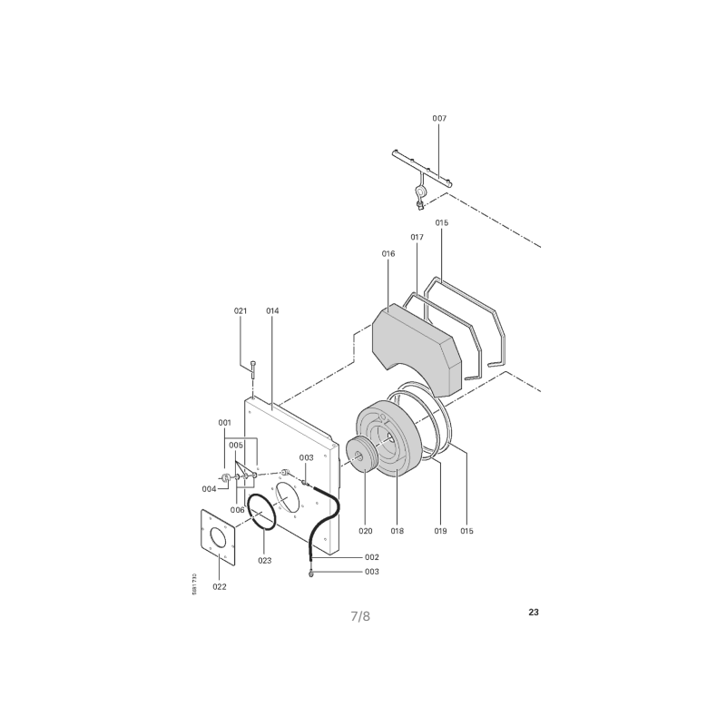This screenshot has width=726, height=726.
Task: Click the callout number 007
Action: (x=439, y=118)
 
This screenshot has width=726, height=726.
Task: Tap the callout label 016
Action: (x=388, y=253)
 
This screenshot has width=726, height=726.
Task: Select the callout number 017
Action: (x=417, y=237)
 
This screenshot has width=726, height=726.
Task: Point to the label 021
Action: (x=240, y=310)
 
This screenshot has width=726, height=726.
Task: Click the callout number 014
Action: (x=272, y=310)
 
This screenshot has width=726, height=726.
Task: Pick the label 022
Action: (x=220, y=586)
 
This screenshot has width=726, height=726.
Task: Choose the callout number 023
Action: (x=265, y=560)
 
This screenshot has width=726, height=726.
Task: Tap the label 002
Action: (x=372, y=557)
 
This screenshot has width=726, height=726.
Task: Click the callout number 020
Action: (x=366, y=531)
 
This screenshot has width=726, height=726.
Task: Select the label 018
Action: (x=397, y=531)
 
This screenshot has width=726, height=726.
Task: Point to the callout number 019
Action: (x=440, y=531)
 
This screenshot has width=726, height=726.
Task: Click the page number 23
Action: (x=534, y=612)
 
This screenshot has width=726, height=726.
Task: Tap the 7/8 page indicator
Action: (x=360, y=616)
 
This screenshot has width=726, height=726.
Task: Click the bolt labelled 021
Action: (x=253, y=369)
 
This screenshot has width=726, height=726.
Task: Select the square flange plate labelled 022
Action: (x=218, y=537)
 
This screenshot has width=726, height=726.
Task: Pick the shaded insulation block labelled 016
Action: (x=417, y=350)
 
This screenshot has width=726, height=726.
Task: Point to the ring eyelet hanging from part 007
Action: (x=420, y=191)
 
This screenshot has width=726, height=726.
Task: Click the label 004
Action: (x=209, y=489)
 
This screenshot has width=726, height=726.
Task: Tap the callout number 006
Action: (x=237, y=510)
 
